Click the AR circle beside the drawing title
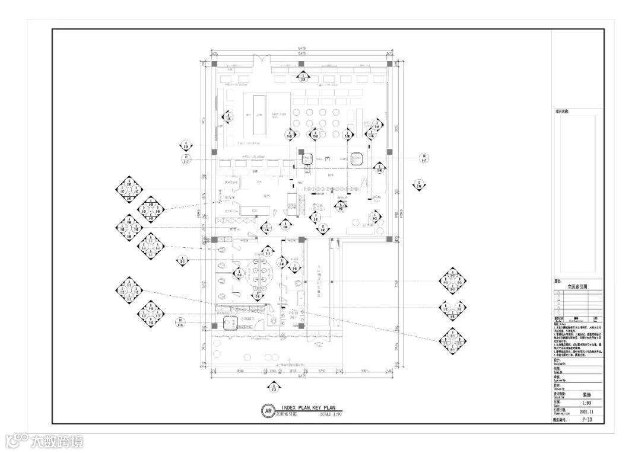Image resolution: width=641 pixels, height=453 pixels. click(269, 411)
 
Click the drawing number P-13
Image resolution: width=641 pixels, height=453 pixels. click(586, 419)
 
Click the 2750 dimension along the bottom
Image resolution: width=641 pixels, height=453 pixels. click(321, 372)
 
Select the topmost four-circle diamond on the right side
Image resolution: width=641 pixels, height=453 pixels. click(453, 281)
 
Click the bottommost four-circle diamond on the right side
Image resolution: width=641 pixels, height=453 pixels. click(453, 341)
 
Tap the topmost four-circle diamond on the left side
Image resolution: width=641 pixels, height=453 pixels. click(129, 190)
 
